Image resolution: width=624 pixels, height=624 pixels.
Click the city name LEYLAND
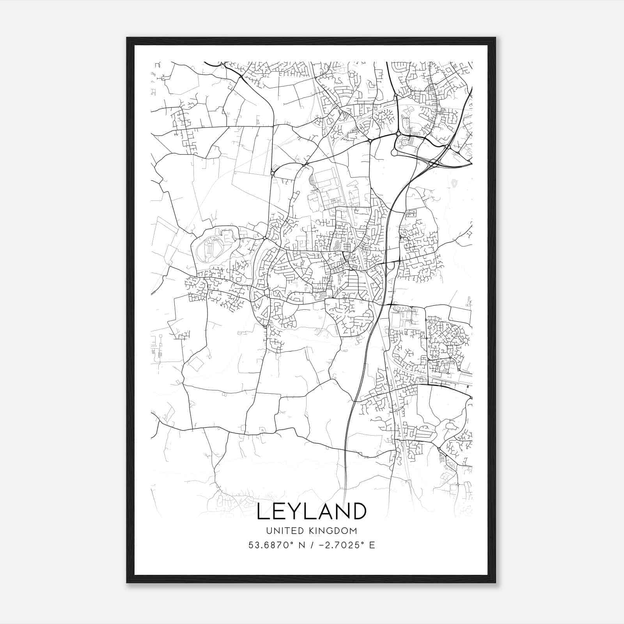click(312, 511)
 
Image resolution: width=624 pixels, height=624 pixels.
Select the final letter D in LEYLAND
click(358, 511)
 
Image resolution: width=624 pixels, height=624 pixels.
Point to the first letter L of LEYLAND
click(262, 511)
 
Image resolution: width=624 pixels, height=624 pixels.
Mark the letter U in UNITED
click(269, 531)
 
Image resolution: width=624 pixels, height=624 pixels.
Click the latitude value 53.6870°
click(271, 545)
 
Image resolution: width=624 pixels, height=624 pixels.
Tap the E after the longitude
click(372, 545)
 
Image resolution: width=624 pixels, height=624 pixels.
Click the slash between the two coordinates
click(311, 545)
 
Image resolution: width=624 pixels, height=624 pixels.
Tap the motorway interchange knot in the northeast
click(434, 163)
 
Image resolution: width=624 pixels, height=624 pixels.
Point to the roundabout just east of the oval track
click(264, 238)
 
